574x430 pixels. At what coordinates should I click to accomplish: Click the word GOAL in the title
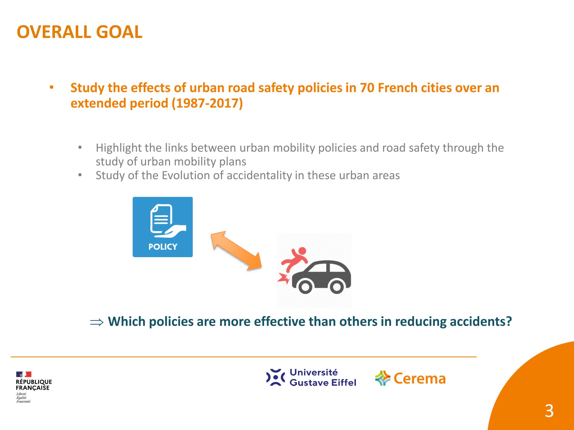tap(119, 32)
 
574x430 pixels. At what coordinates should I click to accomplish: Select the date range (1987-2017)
tap(207, 103)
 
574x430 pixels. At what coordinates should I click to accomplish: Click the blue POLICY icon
tap(163, 227)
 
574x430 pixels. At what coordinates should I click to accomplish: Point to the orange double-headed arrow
tap(236, 250)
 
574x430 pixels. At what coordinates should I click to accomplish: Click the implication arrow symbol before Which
tap(96, 322)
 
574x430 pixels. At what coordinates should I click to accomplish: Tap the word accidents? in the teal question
tap(481, 321)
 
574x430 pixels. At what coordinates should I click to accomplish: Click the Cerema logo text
tap(419, 379)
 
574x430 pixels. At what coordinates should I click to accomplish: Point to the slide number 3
tap(549, 411)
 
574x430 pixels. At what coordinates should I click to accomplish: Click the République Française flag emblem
tap(24, 375)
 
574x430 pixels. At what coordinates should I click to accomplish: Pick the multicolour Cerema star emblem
tap(383, 378)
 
